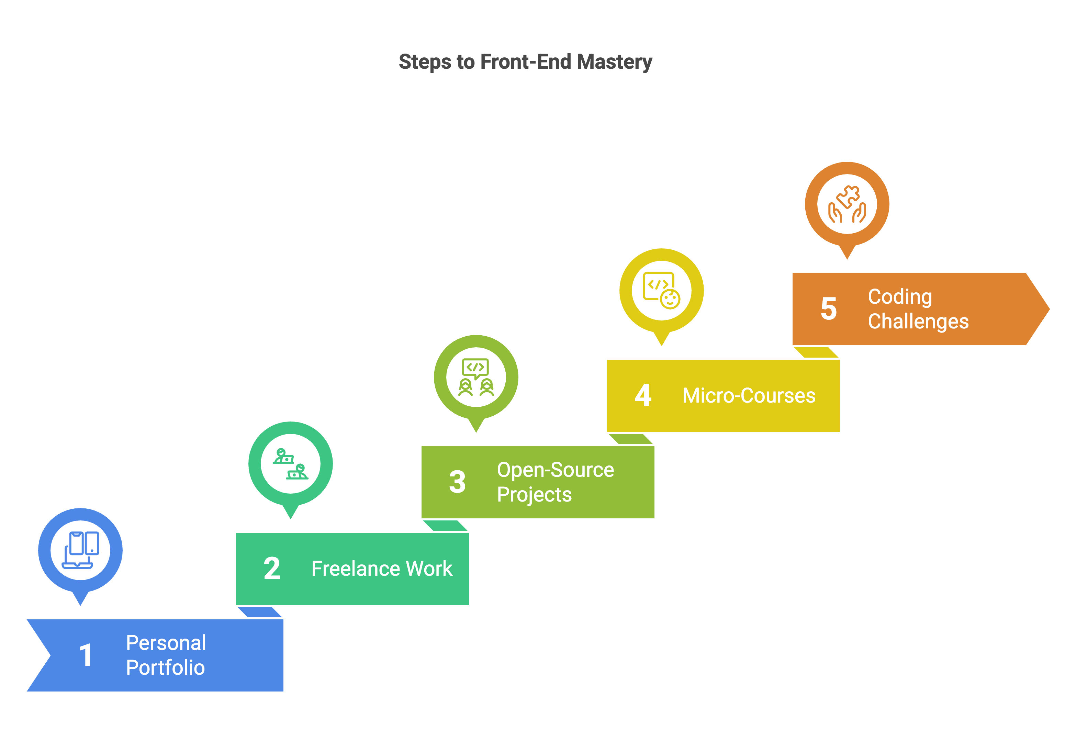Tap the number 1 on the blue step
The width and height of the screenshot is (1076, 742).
[86, 655]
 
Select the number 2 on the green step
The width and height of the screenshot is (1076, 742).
[272, 569]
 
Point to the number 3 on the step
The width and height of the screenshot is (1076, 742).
[458, 482]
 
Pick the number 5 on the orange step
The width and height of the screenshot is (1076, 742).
[829, 309]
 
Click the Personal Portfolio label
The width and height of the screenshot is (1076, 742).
[166, 655]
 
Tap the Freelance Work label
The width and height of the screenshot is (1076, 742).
[382, 569]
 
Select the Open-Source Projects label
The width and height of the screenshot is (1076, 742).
[556, 482]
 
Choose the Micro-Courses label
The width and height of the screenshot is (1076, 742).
[749, 396]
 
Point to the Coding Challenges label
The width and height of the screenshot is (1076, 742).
[918, 309]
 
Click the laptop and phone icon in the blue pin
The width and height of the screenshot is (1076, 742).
[80, 550]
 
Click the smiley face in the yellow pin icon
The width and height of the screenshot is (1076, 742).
[670, 299]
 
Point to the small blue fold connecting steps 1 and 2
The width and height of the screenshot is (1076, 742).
[259, 612]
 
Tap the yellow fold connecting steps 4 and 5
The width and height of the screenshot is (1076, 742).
[816, 352]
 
